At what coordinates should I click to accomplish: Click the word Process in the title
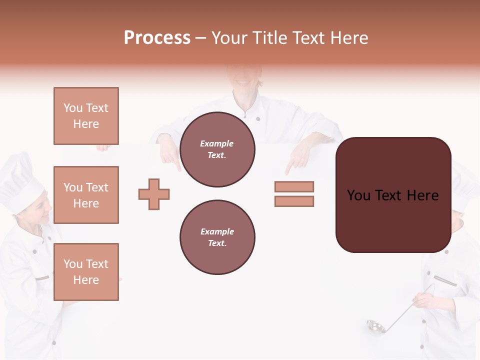point(157,38)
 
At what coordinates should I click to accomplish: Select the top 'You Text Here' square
point(86,116)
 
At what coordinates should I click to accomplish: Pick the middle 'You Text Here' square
point(86,195)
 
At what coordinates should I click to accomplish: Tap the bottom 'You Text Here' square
point(86,271)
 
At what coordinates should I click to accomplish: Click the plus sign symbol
point(154,194)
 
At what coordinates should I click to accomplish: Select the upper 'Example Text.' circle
point(217,149)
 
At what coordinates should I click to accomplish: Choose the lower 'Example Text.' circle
point(217,237)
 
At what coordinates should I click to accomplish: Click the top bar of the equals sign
point(294,186)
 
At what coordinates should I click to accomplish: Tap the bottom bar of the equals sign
point(294,201)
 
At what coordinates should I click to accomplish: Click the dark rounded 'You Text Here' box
point(393,195)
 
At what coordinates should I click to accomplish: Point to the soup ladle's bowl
point(375,327)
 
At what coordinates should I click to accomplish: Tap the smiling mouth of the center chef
point(242,81)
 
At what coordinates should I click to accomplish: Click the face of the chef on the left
point(40,212)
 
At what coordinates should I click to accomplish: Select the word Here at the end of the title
point(348,38)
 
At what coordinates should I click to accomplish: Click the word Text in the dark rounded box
point(393,195)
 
